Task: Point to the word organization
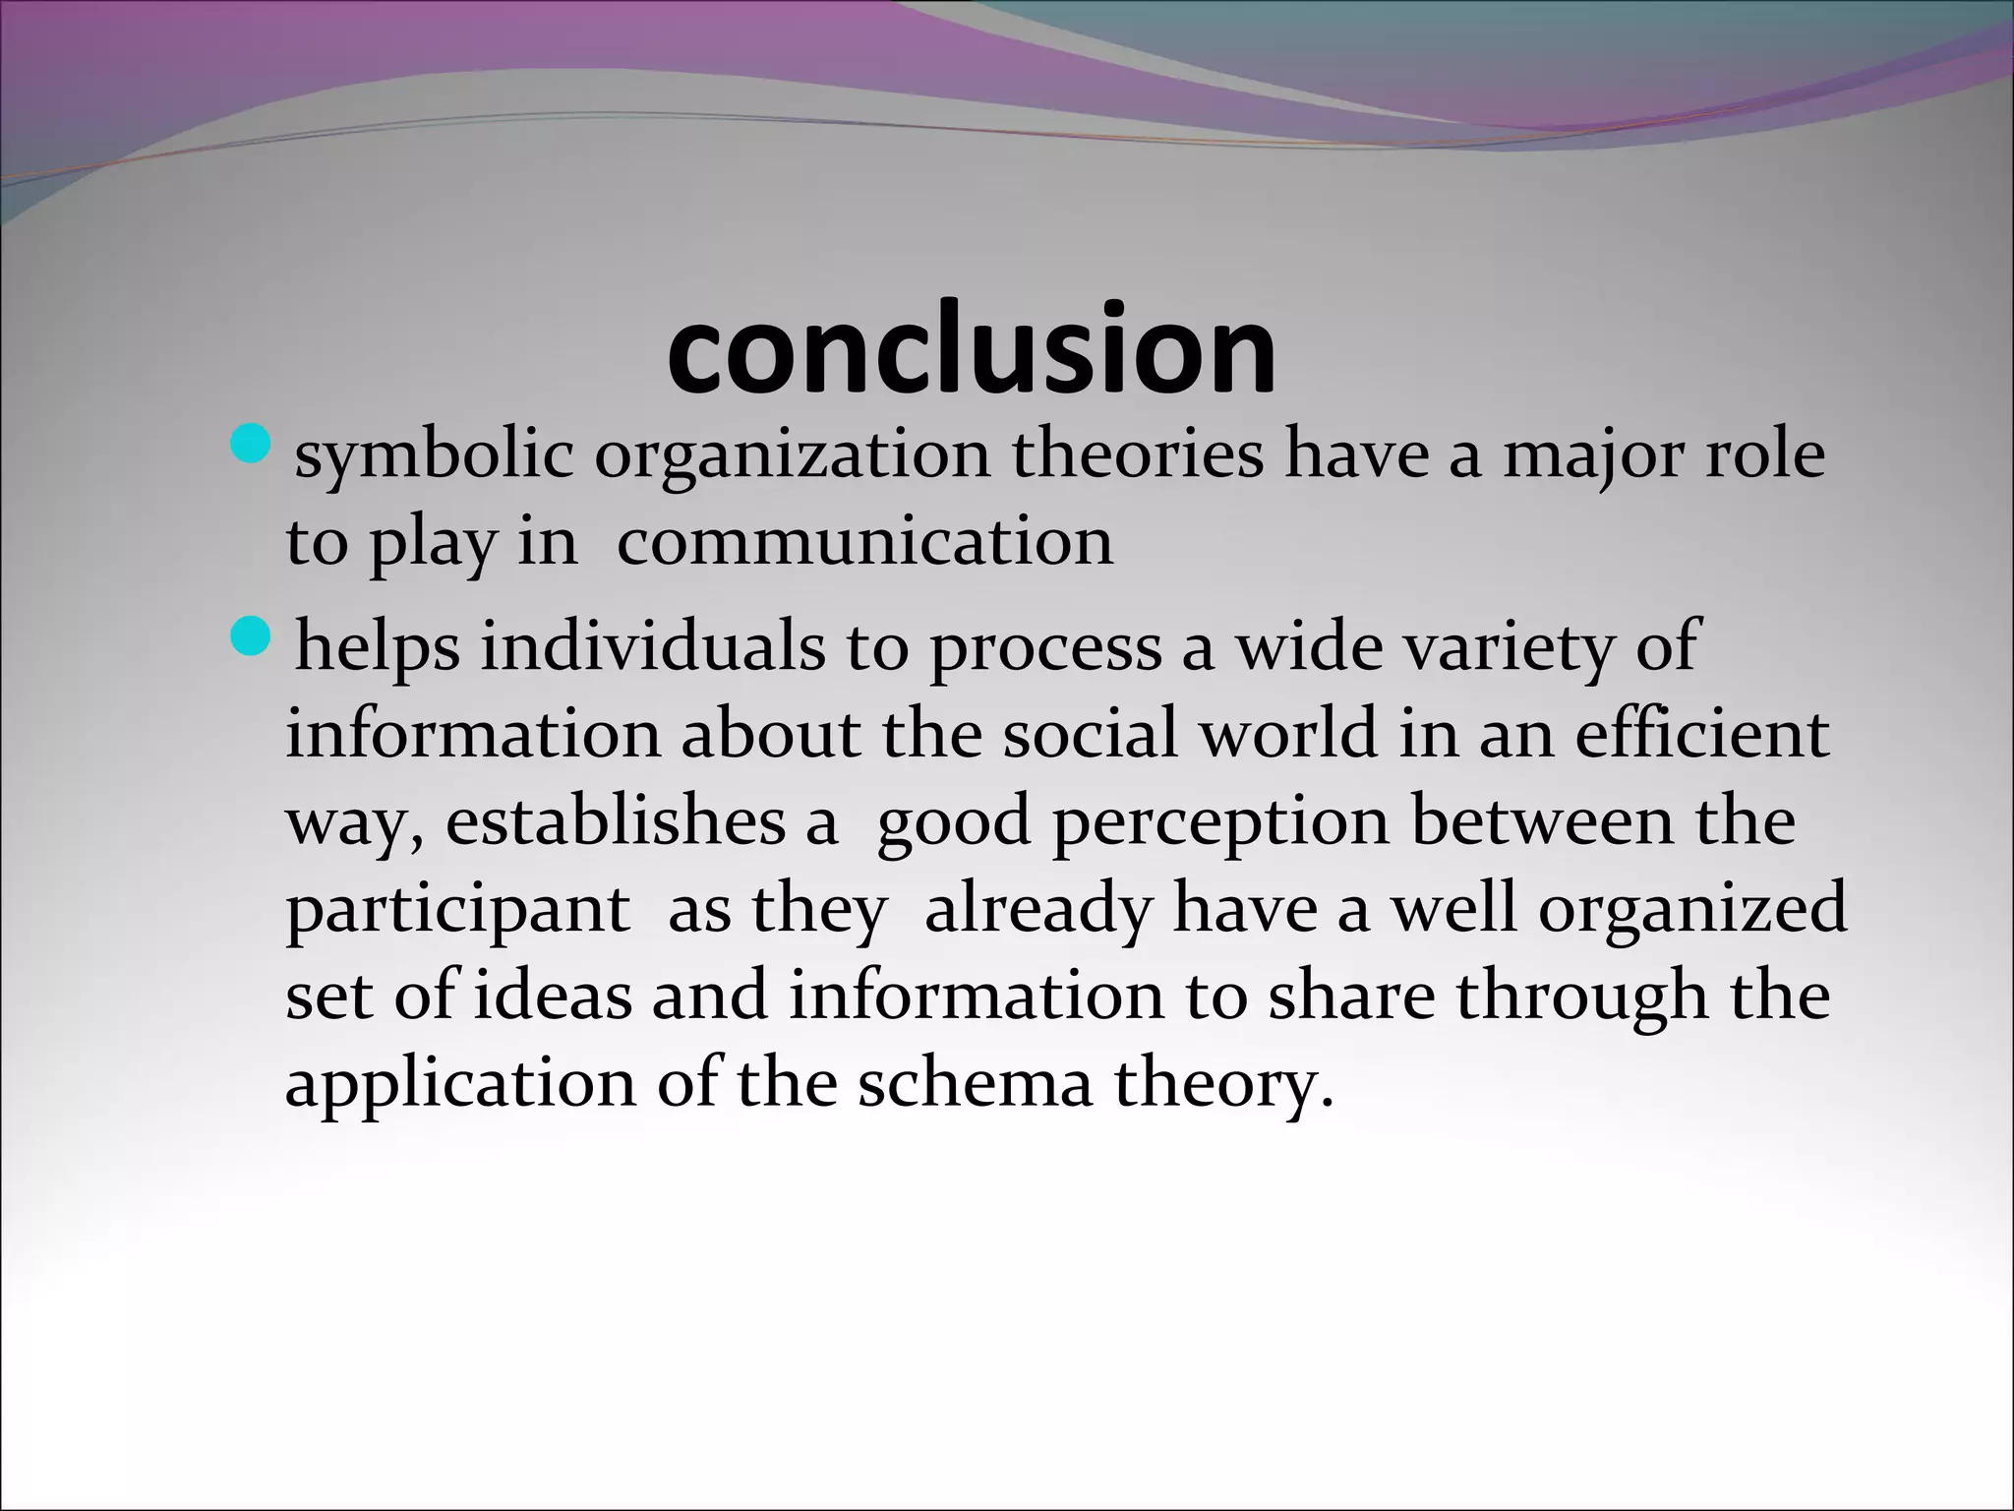tap(792, 455)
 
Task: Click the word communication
tap(864, 541)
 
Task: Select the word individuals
tap(652, 647)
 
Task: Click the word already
tap(1037, 909)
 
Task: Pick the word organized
tap(1692, 909)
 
